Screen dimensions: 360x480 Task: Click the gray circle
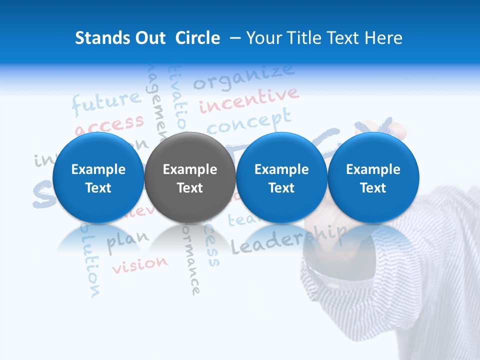pyautogui.click(x=189, y=177)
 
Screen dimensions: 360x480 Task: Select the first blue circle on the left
pyautogui.click(x=98, y=177)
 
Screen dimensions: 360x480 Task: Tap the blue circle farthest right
pyautogui.click(x=373, y=177)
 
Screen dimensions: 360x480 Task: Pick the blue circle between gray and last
pyautogui.click(x=281, y=177)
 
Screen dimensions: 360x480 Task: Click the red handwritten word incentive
pyautogui.click(x=249, y=100)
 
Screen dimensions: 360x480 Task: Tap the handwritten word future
pyautogui.click(x=106, y=102)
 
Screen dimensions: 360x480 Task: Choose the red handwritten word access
pyautogui.click(x=109, y=124)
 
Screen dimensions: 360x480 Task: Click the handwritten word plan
pyautogui.click(x=128, y=239)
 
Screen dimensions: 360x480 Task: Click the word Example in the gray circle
pyautogui.click(x=189, y=169)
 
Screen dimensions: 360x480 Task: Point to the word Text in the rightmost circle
pyautogui.click(x=373, y=188)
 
